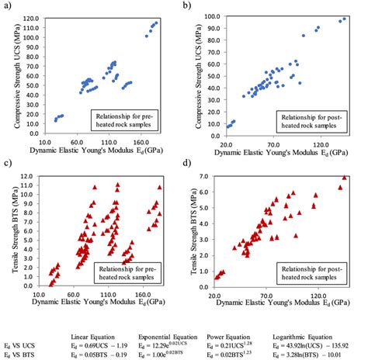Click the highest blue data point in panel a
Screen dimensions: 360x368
click(156, 22)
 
